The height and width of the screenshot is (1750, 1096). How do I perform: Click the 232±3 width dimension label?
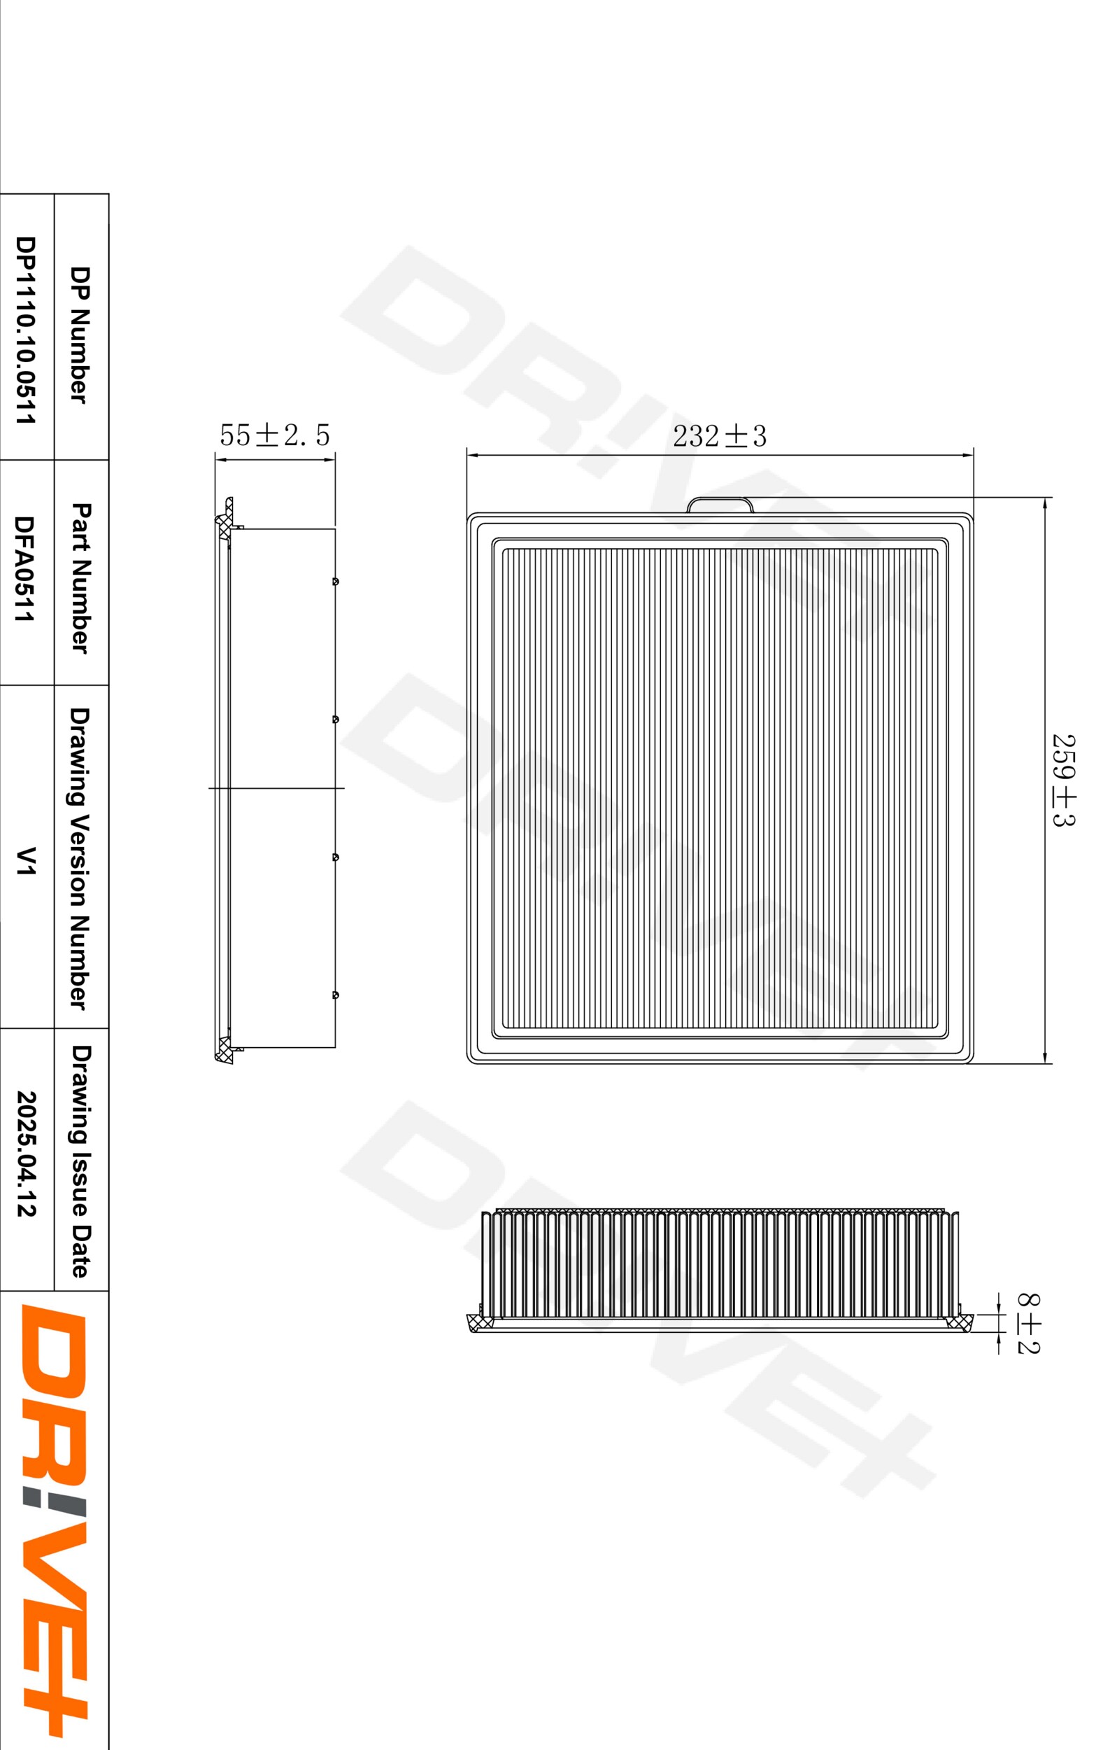pos(719,436)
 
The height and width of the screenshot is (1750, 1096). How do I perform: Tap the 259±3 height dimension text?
pos(1063,780)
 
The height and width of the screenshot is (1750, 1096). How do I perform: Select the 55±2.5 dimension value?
pos(275,435)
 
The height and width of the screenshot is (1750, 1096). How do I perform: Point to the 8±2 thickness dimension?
pos(1029,1324)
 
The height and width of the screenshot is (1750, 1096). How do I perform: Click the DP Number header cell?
pos(80,335)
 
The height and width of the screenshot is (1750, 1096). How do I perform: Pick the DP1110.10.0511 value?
pos(25,330)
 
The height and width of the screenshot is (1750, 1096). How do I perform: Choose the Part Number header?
pos(80,578)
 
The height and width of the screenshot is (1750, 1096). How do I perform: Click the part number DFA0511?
pos(24,568)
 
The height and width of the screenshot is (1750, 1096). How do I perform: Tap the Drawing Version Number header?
pos(80,858)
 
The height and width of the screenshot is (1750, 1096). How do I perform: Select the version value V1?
pos(25,861)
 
